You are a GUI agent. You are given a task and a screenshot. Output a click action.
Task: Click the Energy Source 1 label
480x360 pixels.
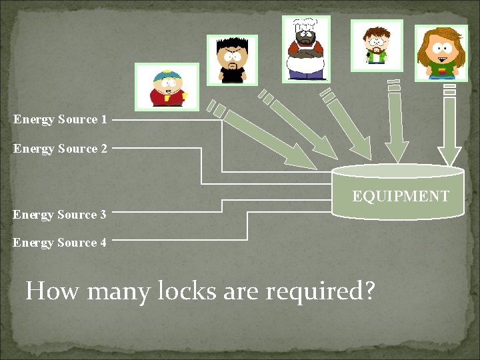click(60, 120)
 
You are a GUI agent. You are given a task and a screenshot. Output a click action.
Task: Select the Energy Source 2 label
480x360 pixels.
click(60, 149)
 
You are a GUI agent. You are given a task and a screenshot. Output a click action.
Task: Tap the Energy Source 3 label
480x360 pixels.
click(59, 215)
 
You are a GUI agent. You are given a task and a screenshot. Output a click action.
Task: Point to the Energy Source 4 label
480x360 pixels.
click(59, 243)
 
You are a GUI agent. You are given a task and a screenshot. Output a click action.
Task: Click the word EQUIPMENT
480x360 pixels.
click(401, 196)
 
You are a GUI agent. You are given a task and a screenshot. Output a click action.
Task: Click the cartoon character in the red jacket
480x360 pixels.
click(167, 87)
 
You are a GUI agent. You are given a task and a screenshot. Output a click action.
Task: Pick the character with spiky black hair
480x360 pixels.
click(232, 61)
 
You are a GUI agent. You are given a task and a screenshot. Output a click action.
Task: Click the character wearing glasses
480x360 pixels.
click(377, 45)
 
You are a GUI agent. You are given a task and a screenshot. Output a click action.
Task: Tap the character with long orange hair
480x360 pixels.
click(441, 53)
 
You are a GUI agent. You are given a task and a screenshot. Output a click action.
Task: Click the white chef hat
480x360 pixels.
click(305, 26)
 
